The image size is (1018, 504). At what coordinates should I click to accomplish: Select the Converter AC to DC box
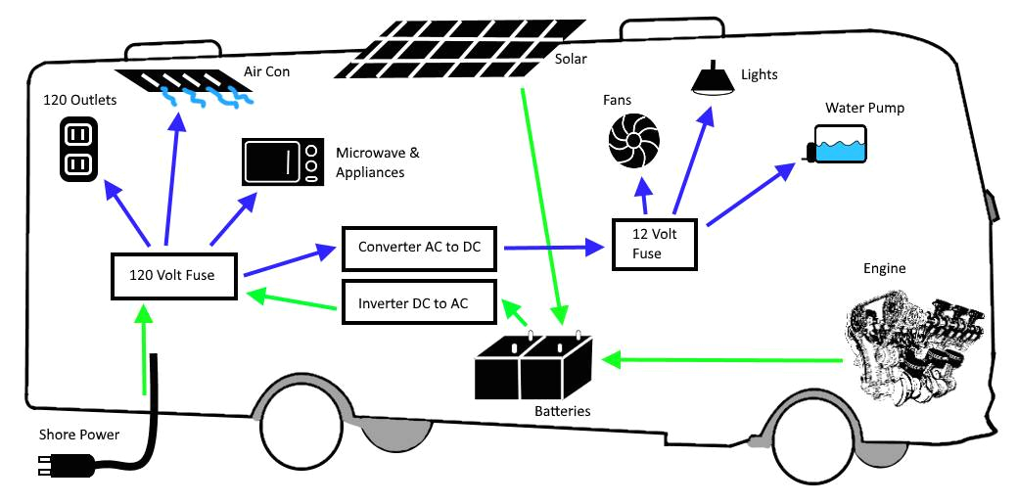point(420,248)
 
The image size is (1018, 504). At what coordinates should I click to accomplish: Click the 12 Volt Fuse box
point(653,244)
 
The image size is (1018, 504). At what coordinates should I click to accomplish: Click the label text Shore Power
point(79,434)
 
